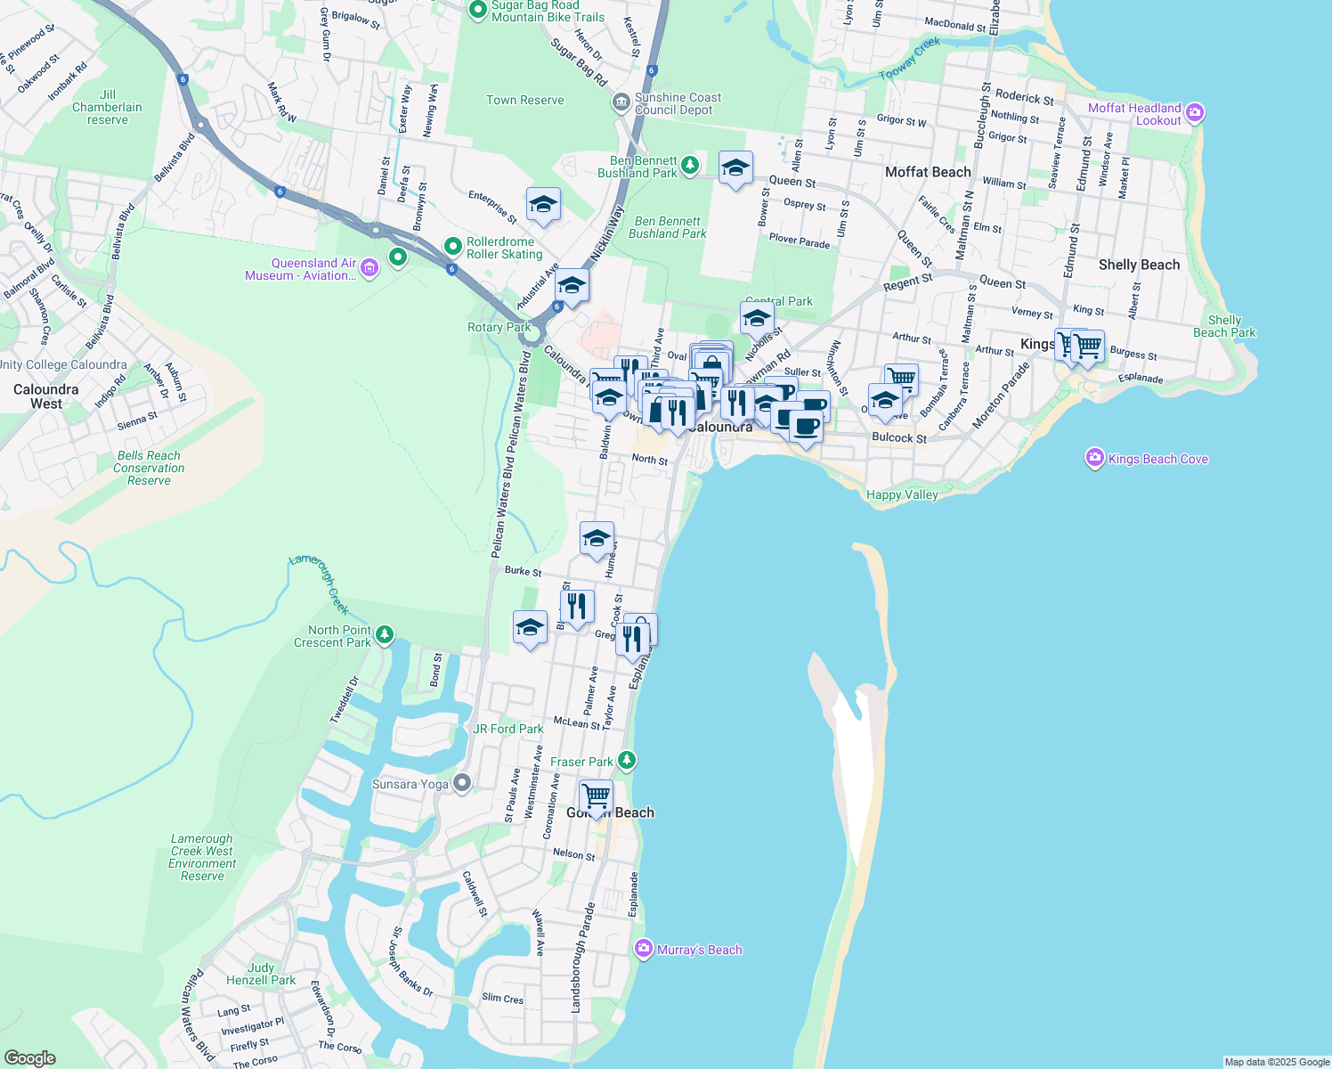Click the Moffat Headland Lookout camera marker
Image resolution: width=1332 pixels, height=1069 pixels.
point(1195,113)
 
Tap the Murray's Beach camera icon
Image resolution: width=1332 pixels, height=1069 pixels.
point(644,949)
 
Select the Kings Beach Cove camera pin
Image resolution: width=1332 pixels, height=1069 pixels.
point(1095,458)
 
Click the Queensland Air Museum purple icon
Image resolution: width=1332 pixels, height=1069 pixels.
point(370,268)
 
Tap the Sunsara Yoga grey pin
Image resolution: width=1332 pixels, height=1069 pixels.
point(462,783)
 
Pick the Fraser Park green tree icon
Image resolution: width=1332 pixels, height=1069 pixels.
point(628,760)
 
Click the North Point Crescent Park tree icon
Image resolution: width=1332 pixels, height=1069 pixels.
point(385,634)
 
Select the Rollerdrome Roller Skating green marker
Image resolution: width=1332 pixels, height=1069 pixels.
point(453,246)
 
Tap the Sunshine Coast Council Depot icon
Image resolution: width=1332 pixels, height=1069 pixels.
point(621,103)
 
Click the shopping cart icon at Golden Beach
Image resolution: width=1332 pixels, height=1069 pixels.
point(596,795)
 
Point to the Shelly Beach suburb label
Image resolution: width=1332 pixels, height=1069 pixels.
point(1139,265)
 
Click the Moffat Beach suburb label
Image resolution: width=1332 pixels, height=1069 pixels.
point(928,172)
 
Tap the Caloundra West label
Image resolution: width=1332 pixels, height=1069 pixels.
point(46,396)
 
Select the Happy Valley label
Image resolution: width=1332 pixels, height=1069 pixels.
point(902,494)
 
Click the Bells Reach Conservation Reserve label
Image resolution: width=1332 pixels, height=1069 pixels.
point(149,468)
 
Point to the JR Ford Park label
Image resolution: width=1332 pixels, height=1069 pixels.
point(508,729)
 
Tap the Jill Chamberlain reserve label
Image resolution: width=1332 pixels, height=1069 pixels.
point(108,107)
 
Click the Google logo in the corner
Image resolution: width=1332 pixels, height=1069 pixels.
point(30,1057)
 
